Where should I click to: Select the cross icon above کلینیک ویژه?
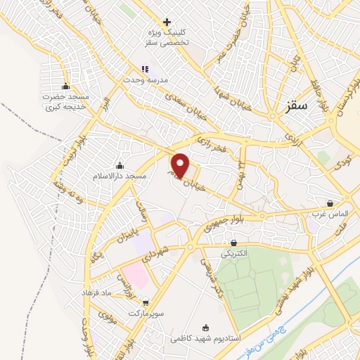point(167,22)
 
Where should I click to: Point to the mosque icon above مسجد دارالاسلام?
point(120,166)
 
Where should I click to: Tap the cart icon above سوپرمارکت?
point(145,302)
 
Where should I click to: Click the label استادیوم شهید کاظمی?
point(205,338)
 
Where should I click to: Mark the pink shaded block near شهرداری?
point(134,275)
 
